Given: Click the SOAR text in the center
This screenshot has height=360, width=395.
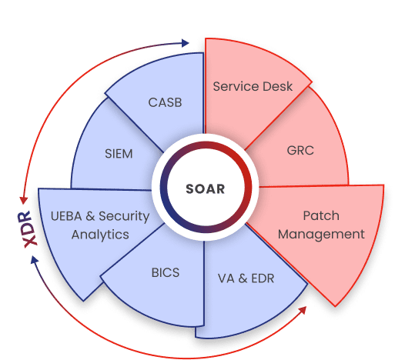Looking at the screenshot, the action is pyautogui.click(x=206, y=189).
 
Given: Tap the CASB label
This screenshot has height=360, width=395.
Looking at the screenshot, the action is pyautogui.click(x=165, y=102).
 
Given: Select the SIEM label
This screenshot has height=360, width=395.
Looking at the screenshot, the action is pyautogui.click(x=119, y=154).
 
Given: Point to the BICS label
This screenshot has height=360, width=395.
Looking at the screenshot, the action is pyautogui.click(x=166, y=272).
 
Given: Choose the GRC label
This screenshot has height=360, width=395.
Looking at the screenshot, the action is pyautogui.click(x=300, y=150).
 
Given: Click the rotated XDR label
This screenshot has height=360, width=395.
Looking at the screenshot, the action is pyautogui.click(x=28, y=229).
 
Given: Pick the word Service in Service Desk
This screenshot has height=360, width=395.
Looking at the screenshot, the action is pyautogui.click(x=233, y=86).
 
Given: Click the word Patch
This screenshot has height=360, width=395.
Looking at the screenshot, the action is pyautogui.click(x=321, y=215).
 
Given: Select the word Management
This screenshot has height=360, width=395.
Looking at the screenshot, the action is pyautogui.click(x=321, y=235).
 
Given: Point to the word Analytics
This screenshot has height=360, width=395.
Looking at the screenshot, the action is pyautogui.click(x=100, y=235).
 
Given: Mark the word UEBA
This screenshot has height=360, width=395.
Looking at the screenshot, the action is pyautogui.click(x=66, y=216).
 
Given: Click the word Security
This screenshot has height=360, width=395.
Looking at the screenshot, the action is pyautogui.click(x=124, y=217).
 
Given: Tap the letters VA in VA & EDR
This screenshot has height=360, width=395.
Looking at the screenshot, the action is pyautogui.click(x=226, y=278).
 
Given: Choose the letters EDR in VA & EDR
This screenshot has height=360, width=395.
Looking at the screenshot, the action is pyautogui.click(x=263, y=278).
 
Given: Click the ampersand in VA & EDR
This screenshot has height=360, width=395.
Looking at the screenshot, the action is pyautogui.click(x=243, y=278).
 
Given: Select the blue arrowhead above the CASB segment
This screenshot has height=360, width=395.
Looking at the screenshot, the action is pyautogui.click(x=186, y=43).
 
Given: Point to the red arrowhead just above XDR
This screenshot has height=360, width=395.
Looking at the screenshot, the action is pyautogui.click(x=24, y=200).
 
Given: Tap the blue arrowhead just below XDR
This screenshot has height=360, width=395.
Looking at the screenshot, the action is pyautogui.click(x=35, y=259).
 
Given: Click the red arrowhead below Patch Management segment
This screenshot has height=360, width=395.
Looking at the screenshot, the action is pyautogui.click(x=303, y=310).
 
